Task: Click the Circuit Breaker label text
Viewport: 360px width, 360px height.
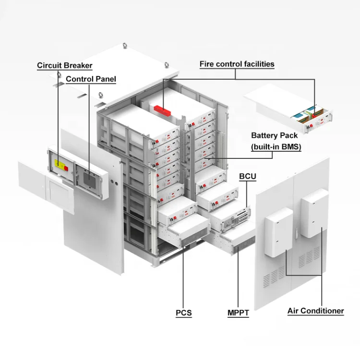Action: click(65, 65)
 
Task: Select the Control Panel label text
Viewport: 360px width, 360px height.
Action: click(91, 79)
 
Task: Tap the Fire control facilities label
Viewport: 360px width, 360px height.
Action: click(237, 64)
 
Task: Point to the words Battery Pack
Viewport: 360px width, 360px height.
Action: click(275, 136)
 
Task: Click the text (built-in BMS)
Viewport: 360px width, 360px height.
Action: click(276, 147)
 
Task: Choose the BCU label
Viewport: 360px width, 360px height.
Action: click(248, 177)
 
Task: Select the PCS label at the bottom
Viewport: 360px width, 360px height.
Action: click(183, 313)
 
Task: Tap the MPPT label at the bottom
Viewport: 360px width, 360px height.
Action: click(238, 313)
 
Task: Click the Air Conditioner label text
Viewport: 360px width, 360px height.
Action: click(315, 311)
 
